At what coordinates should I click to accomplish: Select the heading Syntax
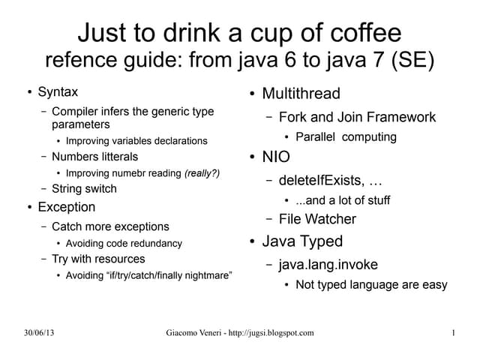coord(58,92)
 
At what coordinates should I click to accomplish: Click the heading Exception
coord(67,206)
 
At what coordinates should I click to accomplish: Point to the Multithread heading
coord(301,94)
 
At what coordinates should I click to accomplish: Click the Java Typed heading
coord(302,241)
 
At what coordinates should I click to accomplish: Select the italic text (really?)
coord(202,173)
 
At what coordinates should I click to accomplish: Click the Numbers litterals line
coord(94,157)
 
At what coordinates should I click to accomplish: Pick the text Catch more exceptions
coord(110,226)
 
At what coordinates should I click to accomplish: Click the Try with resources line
coord(98,259)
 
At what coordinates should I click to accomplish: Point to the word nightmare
coord(203,275)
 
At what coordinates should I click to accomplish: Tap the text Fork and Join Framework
coord(357,117)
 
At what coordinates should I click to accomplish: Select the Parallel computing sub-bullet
coord(346,137)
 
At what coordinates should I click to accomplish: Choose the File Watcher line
coord(317,219)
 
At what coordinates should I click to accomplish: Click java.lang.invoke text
coord(328,265)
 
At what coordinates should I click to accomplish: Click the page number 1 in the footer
coord(454,332)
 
